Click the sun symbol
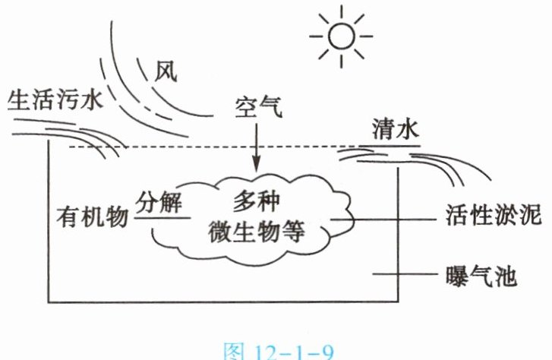pyautogui.click(x=341, y=36)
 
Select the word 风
pyautogui.click(x=166, y=72)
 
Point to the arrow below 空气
pyautogui.click(x=256, y=149)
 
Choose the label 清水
pyautogui.click(x=395, y=129)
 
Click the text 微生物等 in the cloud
pyautogui.click(x=255, y=232)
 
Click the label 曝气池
pyautogui.click(x=479, y=276)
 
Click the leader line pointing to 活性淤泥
pyautogui.click(x=387, y=219)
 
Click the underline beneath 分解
pyautogui.click(x=161, y=217)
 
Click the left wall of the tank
pyautogui.click(x=49, y=228)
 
